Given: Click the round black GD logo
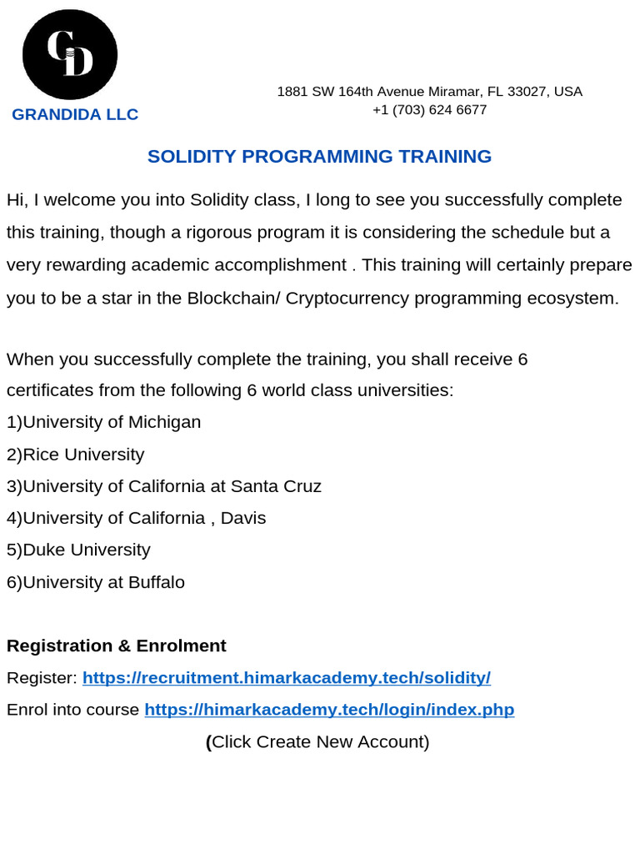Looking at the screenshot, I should pyautogui.click(x=70, y=55).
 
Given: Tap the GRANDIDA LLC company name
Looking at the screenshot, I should pyautogui.click(x=75, y=114).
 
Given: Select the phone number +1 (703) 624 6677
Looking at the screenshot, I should pyautogui.click(x=429, y=110).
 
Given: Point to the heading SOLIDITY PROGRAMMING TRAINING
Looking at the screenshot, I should pyautogui.click(x=319, y=156).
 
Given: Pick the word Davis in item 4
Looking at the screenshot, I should pyautogui.click(x=243, y=518).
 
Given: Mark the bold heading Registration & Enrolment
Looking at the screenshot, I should pyautogui.click(x=117, y=646).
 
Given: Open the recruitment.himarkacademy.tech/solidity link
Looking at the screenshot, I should pyautogui.click(x=287, y=678).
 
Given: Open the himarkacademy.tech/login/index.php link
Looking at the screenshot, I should pyautogui.click(x=329, y=710).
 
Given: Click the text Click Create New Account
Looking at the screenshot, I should pyautogui.click(x=320, y=741).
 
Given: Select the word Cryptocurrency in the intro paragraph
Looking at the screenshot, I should pyautogui.click(x=347, y=299).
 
